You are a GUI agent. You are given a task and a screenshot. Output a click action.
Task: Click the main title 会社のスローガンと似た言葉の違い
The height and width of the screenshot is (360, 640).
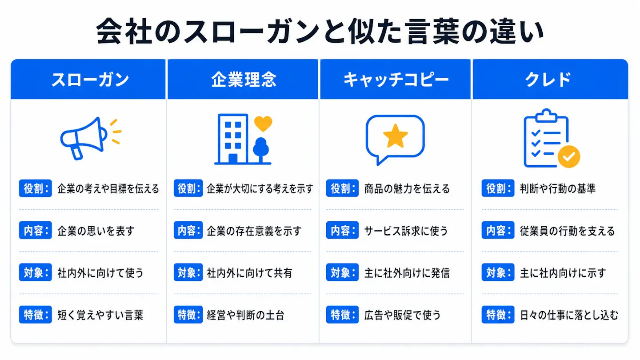click(320, 32)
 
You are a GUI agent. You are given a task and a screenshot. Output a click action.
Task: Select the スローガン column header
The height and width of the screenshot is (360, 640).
click(90, 80)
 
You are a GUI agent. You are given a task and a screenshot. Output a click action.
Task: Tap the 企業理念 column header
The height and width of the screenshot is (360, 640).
click(244, 80)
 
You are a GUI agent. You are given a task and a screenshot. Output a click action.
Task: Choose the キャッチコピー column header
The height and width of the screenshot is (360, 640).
click(396, 80)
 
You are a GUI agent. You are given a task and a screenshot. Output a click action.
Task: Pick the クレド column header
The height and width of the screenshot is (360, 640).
click(548, 80)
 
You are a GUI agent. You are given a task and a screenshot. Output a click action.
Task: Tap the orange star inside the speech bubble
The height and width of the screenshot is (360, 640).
click(396, 136)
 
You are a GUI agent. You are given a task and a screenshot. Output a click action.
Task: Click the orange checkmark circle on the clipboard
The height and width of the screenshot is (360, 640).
click(569, 156)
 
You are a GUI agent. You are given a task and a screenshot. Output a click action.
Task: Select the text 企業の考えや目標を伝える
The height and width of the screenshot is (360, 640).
click(108, 188)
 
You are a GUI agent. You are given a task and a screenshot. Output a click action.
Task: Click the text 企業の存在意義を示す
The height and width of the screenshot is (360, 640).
click(254, 231)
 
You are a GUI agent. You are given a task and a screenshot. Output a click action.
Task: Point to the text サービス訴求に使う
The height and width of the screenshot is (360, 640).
click(406, 231)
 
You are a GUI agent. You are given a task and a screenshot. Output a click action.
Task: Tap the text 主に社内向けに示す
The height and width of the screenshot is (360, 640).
click(563, 273)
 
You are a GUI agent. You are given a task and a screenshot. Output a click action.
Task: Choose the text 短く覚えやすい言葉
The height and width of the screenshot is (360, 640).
click(100, 315)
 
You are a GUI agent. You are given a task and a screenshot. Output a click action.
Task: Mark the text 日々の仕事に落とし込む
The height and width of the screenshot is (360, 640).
click(569, 315)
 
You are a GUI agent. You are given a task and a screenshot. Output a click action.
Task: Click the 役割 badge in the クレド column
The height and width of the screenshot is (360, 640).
click(498, 188)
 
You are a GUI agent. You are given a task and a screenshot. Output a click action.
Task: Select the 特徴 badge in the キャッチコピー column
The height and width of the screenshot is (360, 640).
click(342, 315)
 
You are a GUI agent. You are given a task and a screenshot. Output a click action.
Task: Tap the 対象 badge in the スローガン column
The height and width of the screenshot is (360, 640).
click(36, 272)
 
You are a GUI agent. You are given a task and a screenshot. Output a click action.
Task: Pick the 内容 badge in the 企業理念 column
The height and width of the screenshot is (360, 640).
click(188, 230)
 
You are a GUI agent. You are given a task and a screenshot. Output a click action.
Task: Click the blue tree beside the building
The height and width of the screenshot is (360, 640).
click(261, 150)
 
